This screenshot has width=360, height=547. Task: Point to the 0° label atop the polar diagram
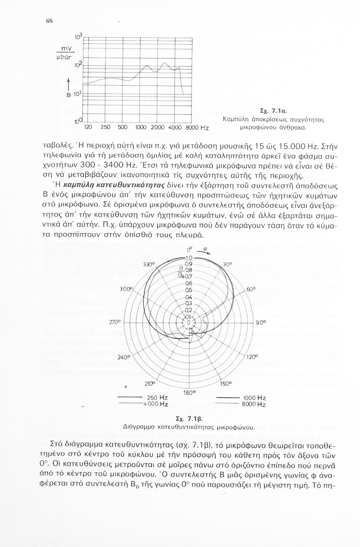pos(189,250)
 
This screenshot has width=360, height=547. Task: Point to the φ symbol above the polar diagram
pos(205,251)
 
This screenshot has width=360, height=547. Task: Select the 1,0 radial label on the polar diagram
pos(189,258)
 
